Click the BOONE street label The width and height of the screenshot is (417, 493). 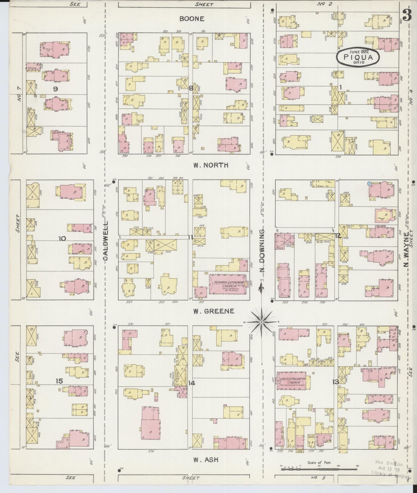[192, 19]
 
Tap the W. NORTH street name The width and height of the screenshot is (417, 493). [211, 165]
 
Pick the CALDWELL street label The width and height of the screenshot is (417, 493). [106, 241]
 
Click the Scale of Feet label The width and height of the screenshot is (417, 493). [319, 462]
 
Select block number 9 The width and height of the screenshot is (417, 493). [55, 89]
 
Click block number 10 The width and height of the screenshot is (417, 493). [62, 238]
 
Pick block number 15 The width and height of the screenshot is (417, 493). [59, 381]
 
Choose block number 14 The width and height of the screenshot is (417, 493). [192, 383]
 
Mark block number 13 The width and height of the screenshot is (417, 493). [335, 382]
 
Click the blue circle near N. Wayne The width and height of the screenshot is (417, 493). [369, 183]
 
